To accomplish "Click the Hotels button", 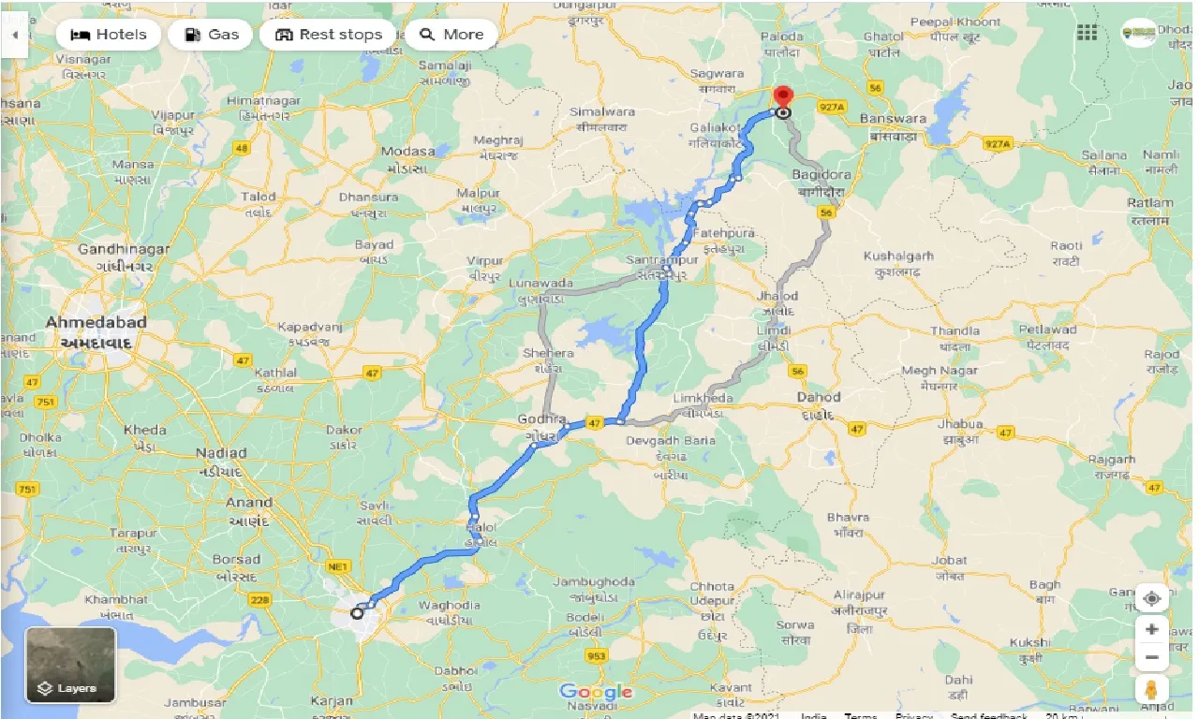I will coord(109,35).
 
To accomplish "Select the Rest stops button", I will coord(328,35).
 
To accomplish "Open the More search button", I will coord(451,35).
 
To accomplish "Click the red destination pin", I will coord(781,97).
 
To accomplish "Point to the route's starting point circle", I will coord(356,614).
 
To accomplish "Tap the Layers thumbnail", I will coord(70,665).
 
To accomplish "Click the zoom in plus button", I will coord(1151,629).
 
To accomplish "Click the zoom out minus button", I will coord(1151,658).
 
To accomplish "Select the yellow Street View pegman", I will coord(1151,691).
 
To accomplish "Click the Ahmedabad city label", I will coord(96,322).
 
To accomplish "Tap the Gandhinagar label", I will coord(124,249).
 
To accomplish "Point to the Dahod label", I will coord(818,397).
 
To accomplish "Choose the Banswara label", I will coord(895,119).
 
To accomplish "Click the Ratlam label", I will coord(1150,203).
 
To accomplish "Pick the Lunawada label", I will coord(540,283).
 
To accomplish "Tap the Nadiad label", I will coord(222,453).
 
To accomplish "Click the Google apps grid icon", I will coord(1087,34).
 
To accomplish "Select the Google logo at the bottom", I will coord(596,692).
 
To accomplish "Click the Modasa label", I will coord(407,151).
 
